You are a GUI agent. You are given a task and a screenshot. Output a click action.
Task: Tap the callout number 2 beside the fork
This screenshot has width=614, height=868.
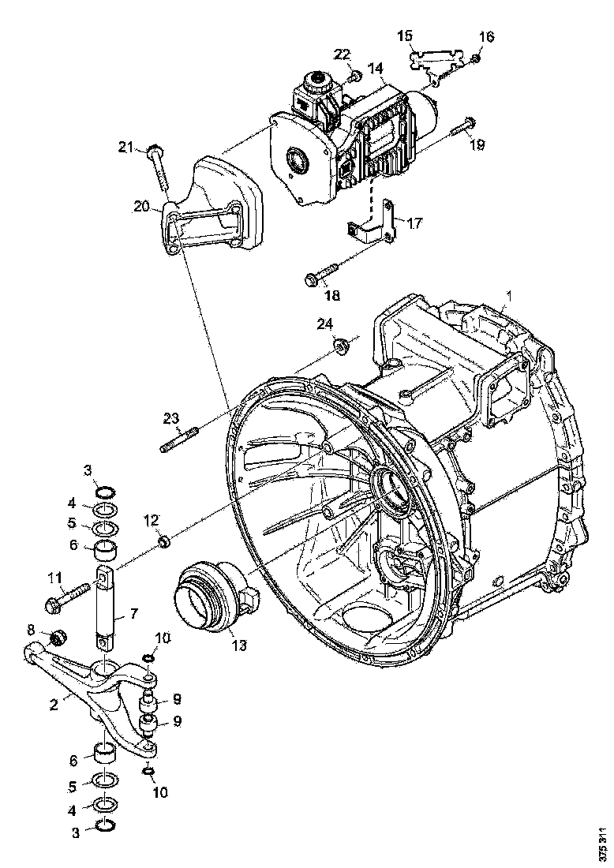[x=54, y=705]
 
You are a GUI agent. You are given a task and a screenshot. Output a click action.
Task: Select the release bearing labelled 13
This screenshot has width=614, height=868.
[x=212, y=597]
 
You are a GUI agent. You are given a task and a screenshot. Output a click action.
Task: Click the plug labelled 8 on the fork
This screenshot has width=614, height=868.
[x=57, y=637]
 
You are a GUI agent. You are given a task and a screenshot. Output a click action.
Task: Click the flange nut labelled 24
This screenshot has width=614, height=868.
[x=341, y=345]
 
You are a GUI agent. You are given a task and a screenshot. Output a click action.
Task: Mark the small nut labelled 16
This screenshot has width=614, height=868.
[x=477, y=58]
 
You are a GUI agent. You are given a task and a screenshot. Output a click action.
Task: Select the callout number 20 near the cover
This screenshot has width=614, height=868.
[x=142, y=207]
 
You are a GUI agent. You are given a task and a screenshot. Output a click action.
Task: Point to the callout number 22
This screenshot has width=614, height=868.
[x=341, y=54]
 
